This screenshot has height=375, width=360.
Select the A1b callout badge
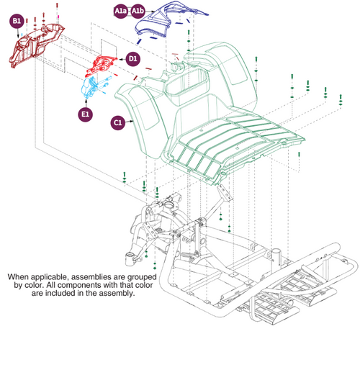pyautogui.click(x=138, y=12)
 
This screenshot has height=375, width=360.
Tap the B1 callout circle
pyautogui.click(x=17, y=22)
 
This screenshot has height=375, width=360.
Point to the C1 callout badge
pyautogui.click(x=118, y=123)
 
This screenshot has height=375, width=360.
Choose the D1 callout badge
pyautogui.click(x=133, y=58)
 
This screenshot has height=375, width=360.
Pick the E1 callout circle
pyautogui.click(x=86, y=114)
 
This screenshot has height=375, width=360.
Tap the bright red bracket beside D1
pyautogui.click(x=102, y=65)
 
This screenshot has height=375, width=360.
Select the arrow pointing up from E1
pyautogui.click(x=86, y=103)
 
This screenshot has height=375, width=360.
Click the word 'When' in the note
pyautogui.click(x=21, y=276)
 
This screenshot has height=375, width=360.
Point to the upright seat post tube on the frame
pyautogui.click(x=274, y=258)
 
